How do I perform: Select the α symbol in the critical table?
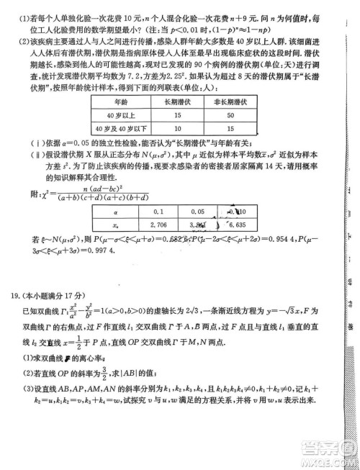[x=115, y=212]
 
